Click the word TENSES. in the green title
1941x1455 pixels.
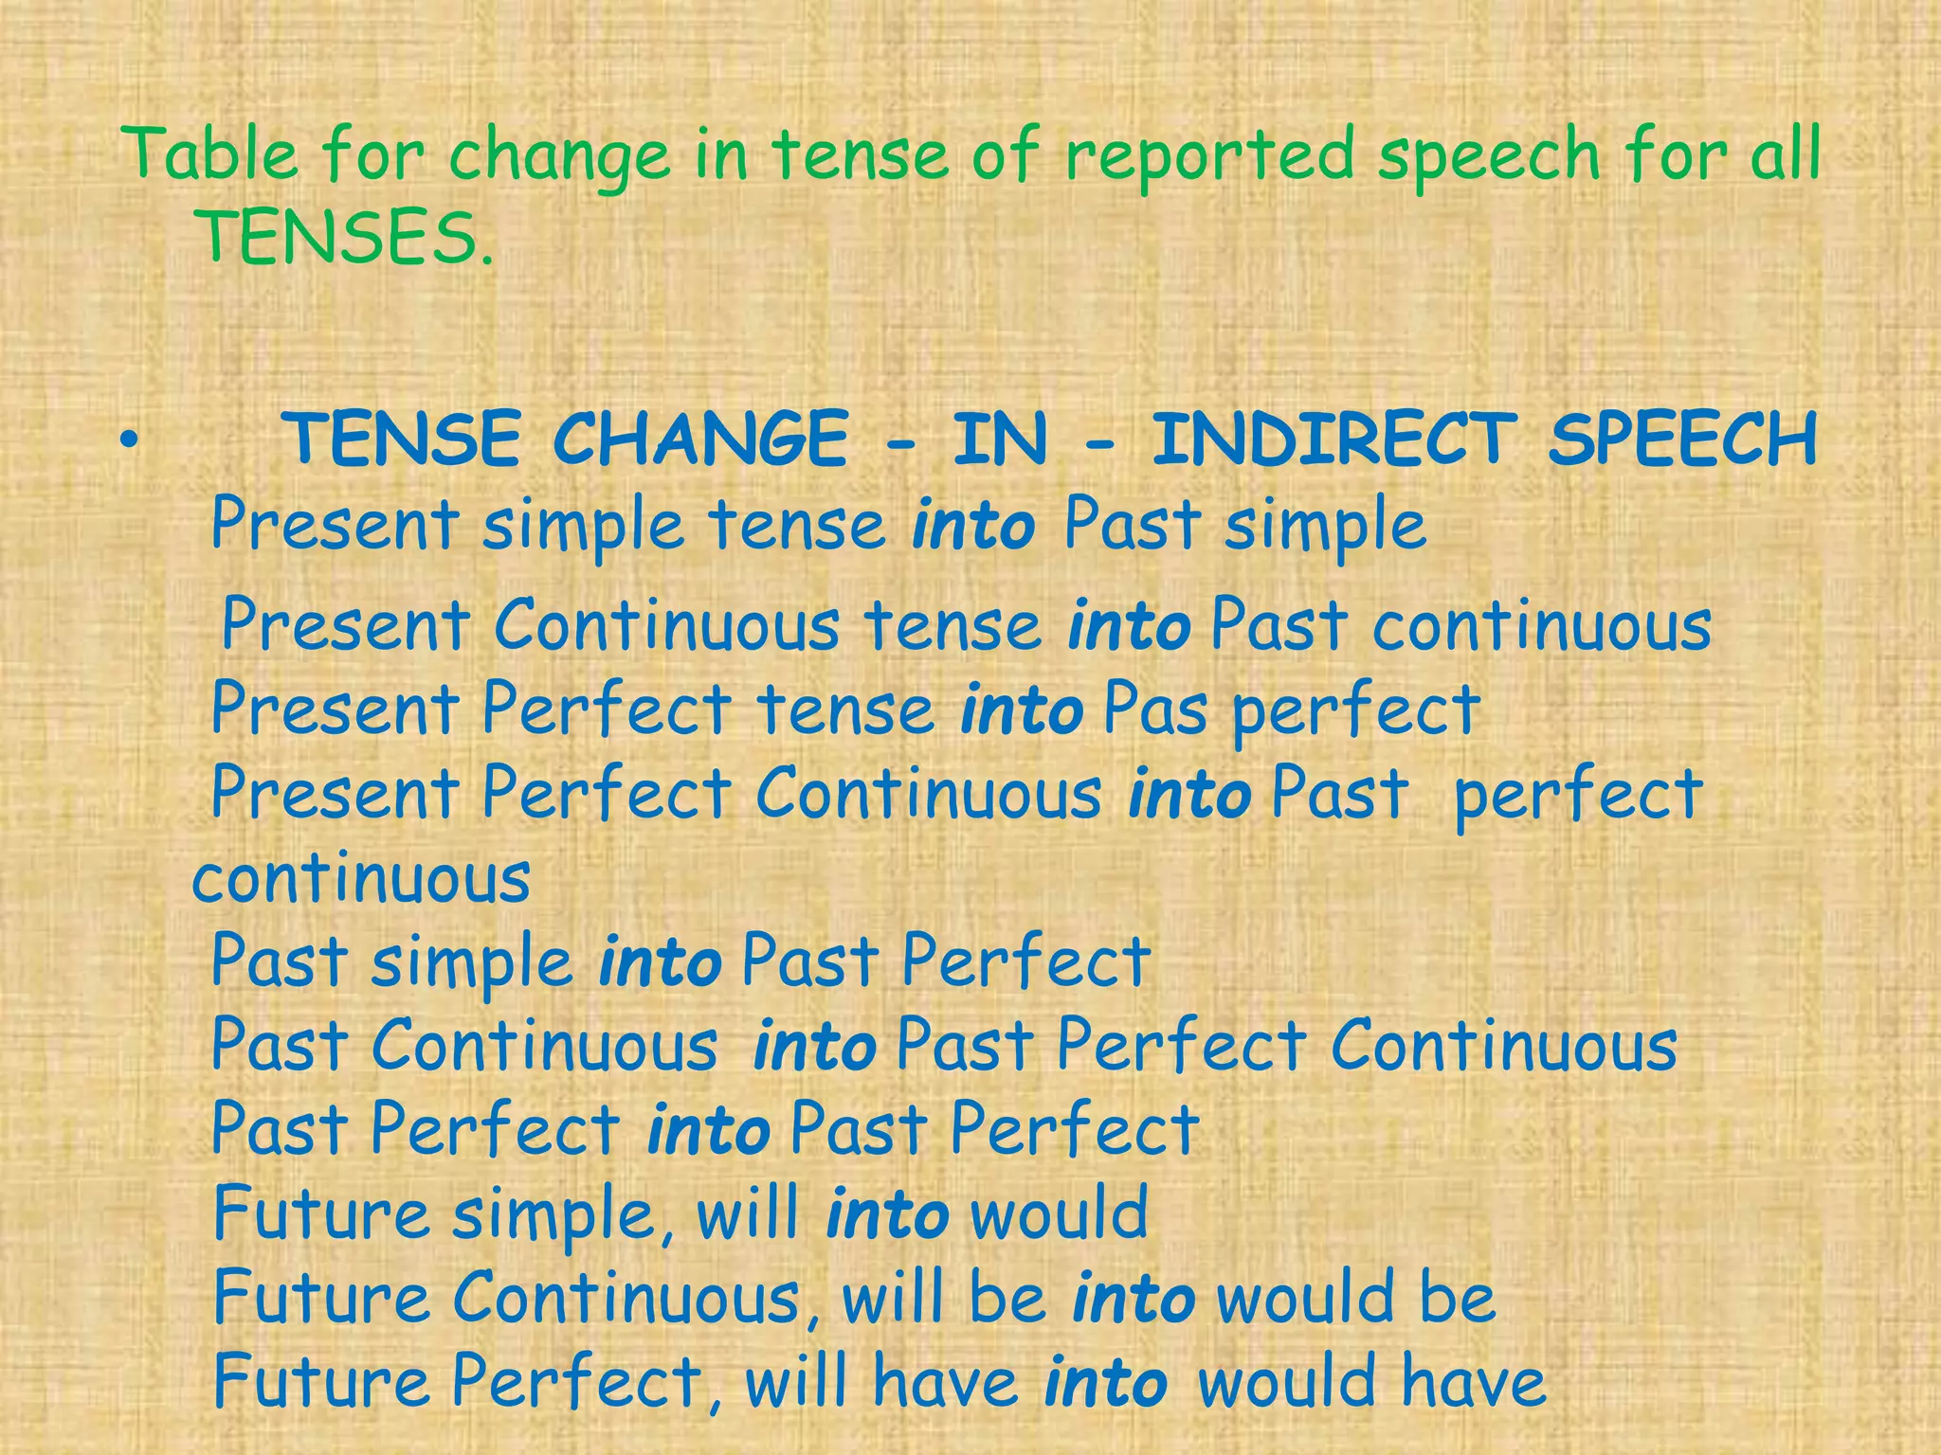pyautogui.click(x=343, y=237)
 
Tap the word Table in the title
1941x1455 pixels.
pyautogui.click(x=210, y=153)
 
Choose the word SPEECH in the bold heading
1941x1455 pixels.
pyautogui.click(x=1682, y=440)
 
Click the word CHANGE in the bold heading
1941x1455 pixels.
pyautogui.click(x=700, y=440)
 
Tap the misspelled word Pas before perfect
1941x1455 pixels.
pyautogui.click(x=1155, y=709)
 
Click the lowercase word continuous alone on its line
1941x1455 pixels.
pyautogui.click(x=361, y=877)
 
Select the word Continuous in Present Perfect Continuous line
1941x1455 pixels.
pyautogui.click(x=928, y=793)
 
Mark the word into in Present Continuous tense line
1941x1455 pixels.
pyautogui.click(x=1128, y=625)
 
